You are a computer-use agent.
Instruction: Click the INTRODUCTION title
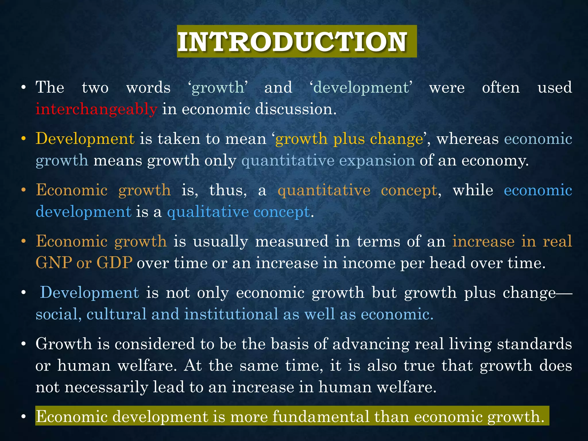(x=292, y=42)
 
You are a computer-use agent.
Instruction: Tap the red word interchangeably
(x=96, y=109)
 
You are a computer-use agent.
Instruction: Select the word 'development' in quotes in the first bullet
(x=361, y=87)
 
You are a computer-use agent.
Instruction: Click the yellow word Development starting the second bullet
(x=85, y=139)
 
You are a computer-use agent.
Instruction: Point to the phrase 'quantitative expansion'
(x=328, y=160)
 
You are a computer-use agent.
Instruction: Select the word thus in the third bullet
(x=228, y=190)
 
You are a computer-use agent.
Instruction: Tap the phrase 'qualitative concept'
(x=238, y=212)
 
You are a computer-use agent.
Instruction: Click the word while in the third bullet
(x=473, y=190)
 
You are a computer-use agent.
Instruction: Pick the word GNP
(x=54, y=263)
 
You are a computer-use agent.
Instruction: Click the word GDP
(x=114, y=263)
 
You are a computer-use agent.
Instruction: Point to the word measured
(x=291, y=241)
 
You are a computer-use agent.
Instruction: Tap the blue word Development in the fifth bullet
(x=90, y=293)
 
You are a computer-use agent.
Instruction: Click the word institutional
(x=231, y=314)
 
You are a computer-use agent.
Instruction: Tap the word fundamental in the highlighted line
(x=321, y=417)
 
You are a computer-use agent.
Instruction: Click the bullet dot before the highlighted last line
(x=24, y=417)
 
